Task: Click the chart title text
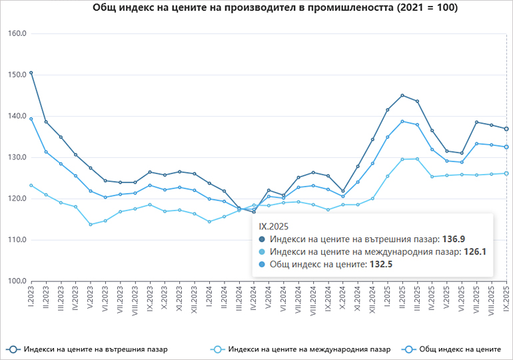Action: click(x=256, y=9)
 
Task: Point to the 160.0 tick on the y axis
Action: click(x=16, y=33)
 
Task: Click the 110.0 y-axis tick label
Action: click(x=16, y=240)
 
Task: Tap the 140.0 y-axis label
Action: click(x=16, y=116)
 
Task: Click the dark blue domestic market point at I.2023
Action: click(x=31, y=73)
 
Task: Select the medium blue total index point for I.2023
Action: click(x=31, y=119)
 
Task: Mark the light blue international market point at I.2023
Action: click(x=31, y=185)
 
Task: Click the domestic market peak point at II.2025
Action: click(x=402, y=95)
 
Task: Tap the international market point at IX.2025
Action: click(x=506, y=173)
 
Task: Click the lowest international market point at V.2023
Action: click(x=91, y=224)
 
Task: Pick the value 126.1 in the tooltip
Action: click(x=474, y=252)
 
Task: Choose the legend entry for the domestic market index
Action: click(x=87, y=349)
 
